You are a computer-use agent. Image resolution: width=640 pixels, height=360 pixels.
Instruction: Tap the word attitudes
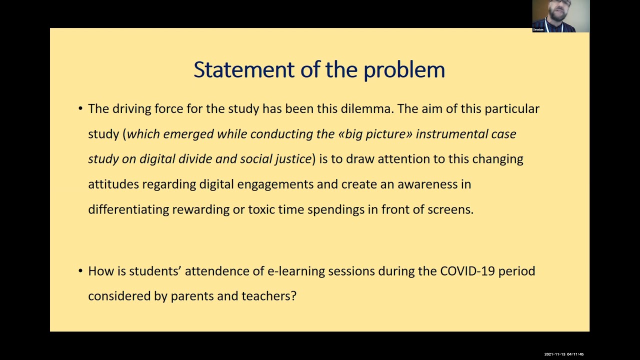click(x=113, y=184)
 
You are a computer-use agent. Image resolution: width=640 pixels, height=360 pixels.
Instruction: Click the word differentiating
click(x=128, y=209)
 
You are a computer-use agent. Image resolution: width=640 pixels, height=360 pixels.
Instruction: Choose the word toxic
click(x=261, y=209)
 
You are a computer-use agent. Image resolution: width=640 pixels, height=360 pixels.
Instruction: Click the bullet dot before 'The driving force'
click(x=80, y=109)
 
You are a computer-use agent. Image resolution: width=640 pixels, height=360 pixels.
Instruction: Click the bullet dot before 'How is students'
click(x=80, y=271)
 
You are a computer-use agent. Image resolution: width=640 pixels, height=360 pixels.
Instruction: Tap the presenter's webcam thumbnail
click(x=560, y=16)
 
